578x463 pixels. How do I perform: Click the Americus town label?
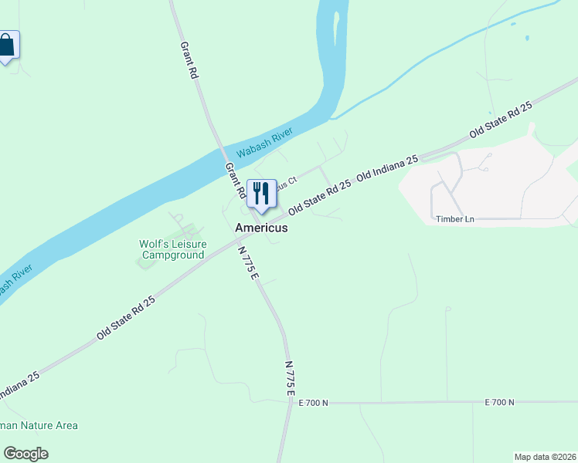tap(261, 228)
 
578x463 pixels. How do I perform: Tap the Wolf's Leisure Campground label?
tap(172, 249)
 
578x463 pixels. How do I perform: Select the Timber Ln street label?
tap(454, 219)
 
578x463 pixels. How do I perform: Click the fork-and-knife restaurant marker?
tap(261, 194)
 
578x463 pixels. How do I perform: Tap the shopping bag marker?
tap(7, 46)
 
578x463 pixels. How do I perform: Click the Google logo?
tap(25, 454)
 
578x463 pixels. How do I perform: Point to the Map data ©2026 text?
tap(545, 456)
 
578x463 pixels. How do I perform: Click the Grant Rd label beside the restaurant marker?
tap(235, 180)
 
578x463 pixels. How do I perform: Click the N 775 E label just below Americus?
tap(248, 262)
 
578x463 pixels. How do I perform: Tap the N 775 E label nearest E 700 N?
tap(290, 378)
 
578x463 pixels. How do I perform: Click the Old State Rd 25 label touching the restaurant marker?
tap(319, 197)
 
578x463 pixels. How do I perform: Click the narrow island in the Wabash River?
tap(336, 27)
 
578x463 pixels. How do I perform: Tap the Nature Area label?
tap(39, 425)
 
